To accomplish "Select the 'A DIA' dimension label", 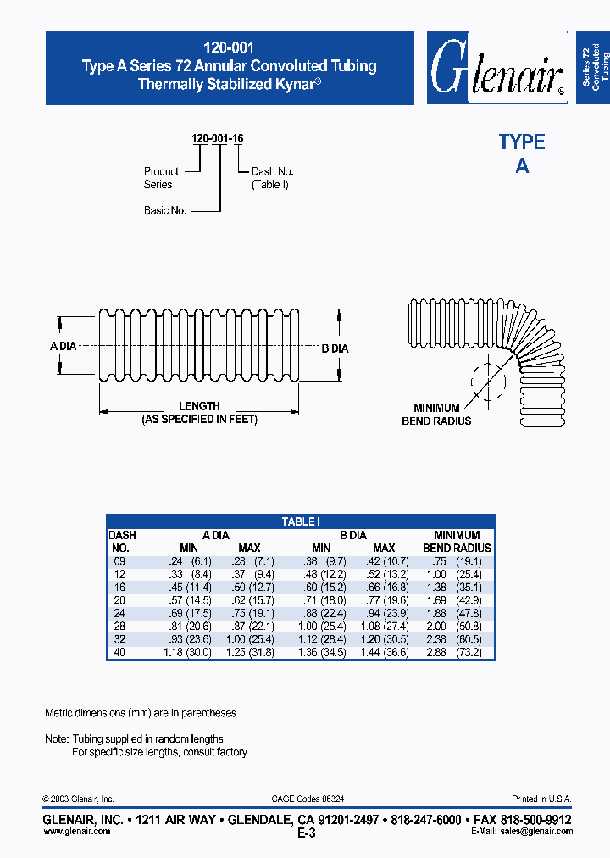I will click(x=64, y=346).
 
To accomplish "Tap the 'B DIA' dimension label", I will click(x=335, y=348).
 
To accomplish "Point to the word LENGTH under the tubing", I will click(x=199, y=406).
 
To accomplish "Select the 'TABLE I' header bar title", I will click(x=301, y=522).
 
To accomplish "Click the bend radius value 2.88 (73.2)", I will click(x=457, y=652).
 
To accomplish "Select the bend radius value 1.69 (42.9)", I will click(x=457, y=600).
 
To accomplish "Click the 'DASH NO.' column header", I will click(x=122, y=542).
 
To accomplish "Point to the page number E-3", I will click(x=306, y=833).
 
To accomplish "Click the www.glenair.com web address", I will click(x=76, y=832).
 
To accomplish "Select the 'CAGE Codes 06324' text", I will click(x=307, y=799).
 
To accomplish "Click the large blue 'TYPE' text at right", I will click(x=521, y=142).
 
